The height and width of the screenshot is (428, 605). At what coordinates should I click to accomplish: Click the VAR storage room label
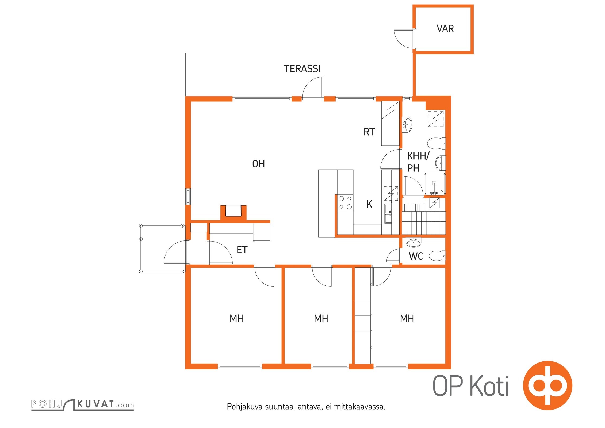[x=445, y=29]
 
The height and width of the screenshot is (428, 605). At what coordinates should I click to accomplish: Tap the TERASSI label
[x=302, y=69]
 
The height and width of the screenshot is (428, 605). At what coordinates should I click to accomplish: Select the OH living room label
[x=258, y=164]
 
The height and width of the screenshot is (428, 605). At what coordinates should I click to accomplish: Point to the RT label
[x=369, y=132]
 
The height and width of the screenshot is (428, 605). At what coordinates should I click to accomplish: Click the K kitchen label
[x=369, y=204]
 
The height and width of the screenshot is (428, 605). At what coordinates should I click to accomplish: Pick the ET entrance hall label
[x=242, y=250]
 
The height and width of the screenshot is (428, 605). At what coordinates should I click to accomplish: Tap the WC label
[x=416, y=256]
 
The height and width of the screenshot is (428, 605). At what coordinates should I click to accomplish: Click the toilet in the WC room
[x=437, y=256]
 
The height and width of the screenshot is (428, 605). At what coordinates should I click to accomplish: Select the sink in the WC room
[x=413, y=242]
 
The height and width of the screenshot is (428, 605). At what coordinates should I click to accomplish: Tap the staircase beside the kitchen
[x=424, y=219]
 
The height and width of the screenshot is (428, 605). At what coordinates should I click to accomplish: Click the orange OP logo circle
[x=548, y=385]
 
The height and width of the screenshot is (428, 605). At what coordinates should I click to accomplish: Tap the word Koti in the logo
[x=489, y=386]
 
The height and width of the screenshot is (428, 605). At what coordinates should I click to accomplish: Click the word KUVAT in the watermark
[x=95, y=404]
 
